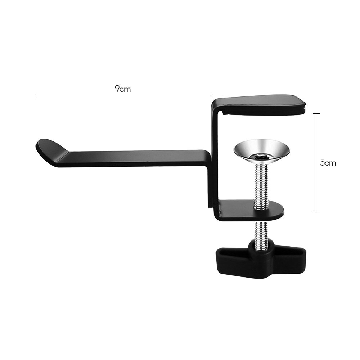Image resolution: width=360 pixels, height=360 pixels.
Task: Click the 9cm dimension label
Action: pyautogui.click(x=123, y=89)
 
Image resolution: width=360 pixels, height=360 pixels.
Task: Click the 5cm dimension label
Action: pyautogui.click(x=328, y=163)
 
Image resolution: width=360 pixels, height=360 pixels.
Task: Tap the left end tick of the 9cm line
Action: pyautogui.click(x=35, y=96)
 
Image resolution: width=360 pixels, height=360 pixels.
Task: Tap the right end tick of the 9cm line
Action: pyautogui.click(x=211, y=96)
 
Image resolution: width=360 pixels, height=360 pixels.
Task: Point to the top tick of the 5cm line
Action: pyautogui.click(x=316, y=114)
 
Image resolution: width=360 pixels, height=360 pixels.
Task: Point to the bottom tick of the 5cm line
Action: pyautogui.click(x=316, y=211)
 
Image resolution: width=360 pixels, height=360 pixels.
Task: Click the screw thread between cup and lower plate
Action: pyautogui.click(x=260, y=184)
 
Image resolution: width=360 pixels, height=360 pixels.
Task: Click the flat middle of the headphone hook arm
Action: pyautogui.click(x=137, y=158)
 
